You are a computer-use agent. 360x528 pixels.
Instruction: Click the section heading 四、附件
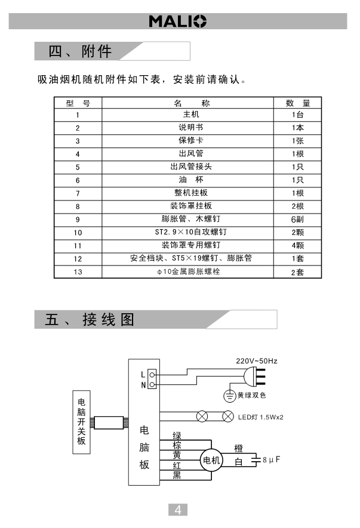tap(81, 51)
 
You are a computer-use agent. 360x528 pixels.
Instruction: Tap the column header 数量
tap(297, 103)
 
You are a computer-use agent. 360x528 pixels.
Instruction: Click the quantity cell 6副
tap(297, 219)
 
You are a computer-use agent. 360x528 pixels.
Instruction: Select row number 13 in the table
tap(78, 272)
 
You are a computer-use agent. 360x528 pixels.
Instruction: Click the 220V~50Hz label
tap(257, 362)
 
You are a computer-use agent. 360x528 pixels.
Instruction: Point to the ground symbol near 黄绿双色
tap(229, 396)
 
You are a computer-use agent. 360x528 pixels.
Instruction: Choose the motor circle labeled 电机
tap(211, 460)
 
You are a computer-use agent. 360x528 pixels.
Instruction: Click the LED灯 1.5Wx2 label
tap(260, 416)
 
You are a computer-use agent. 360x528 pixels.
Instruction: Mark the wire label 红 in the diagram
tap(177, 465)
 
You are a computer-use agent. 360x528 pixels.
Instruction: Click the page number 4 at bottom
tap(179, 510)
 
